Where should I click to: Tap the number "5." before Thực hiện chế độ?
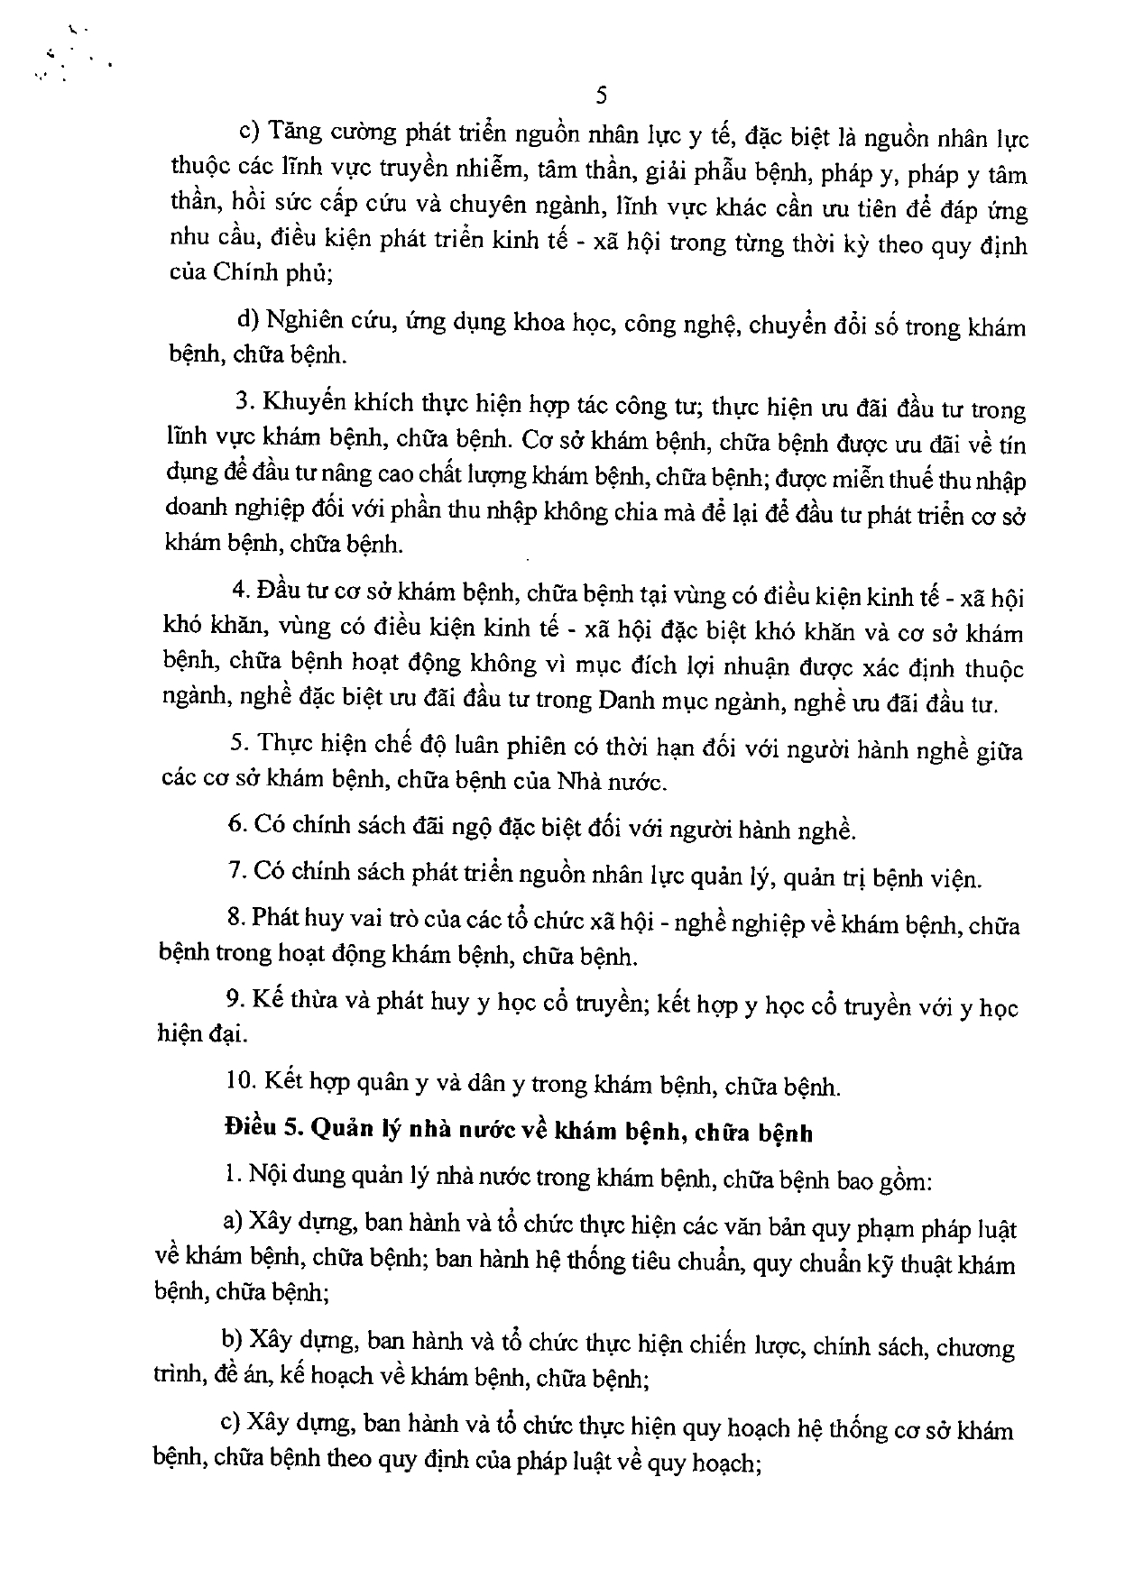pos(239,745)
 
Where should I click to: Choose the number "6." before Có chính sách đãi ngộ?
pos(237,823)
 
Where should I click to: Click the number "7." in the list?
pos(237,872)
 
